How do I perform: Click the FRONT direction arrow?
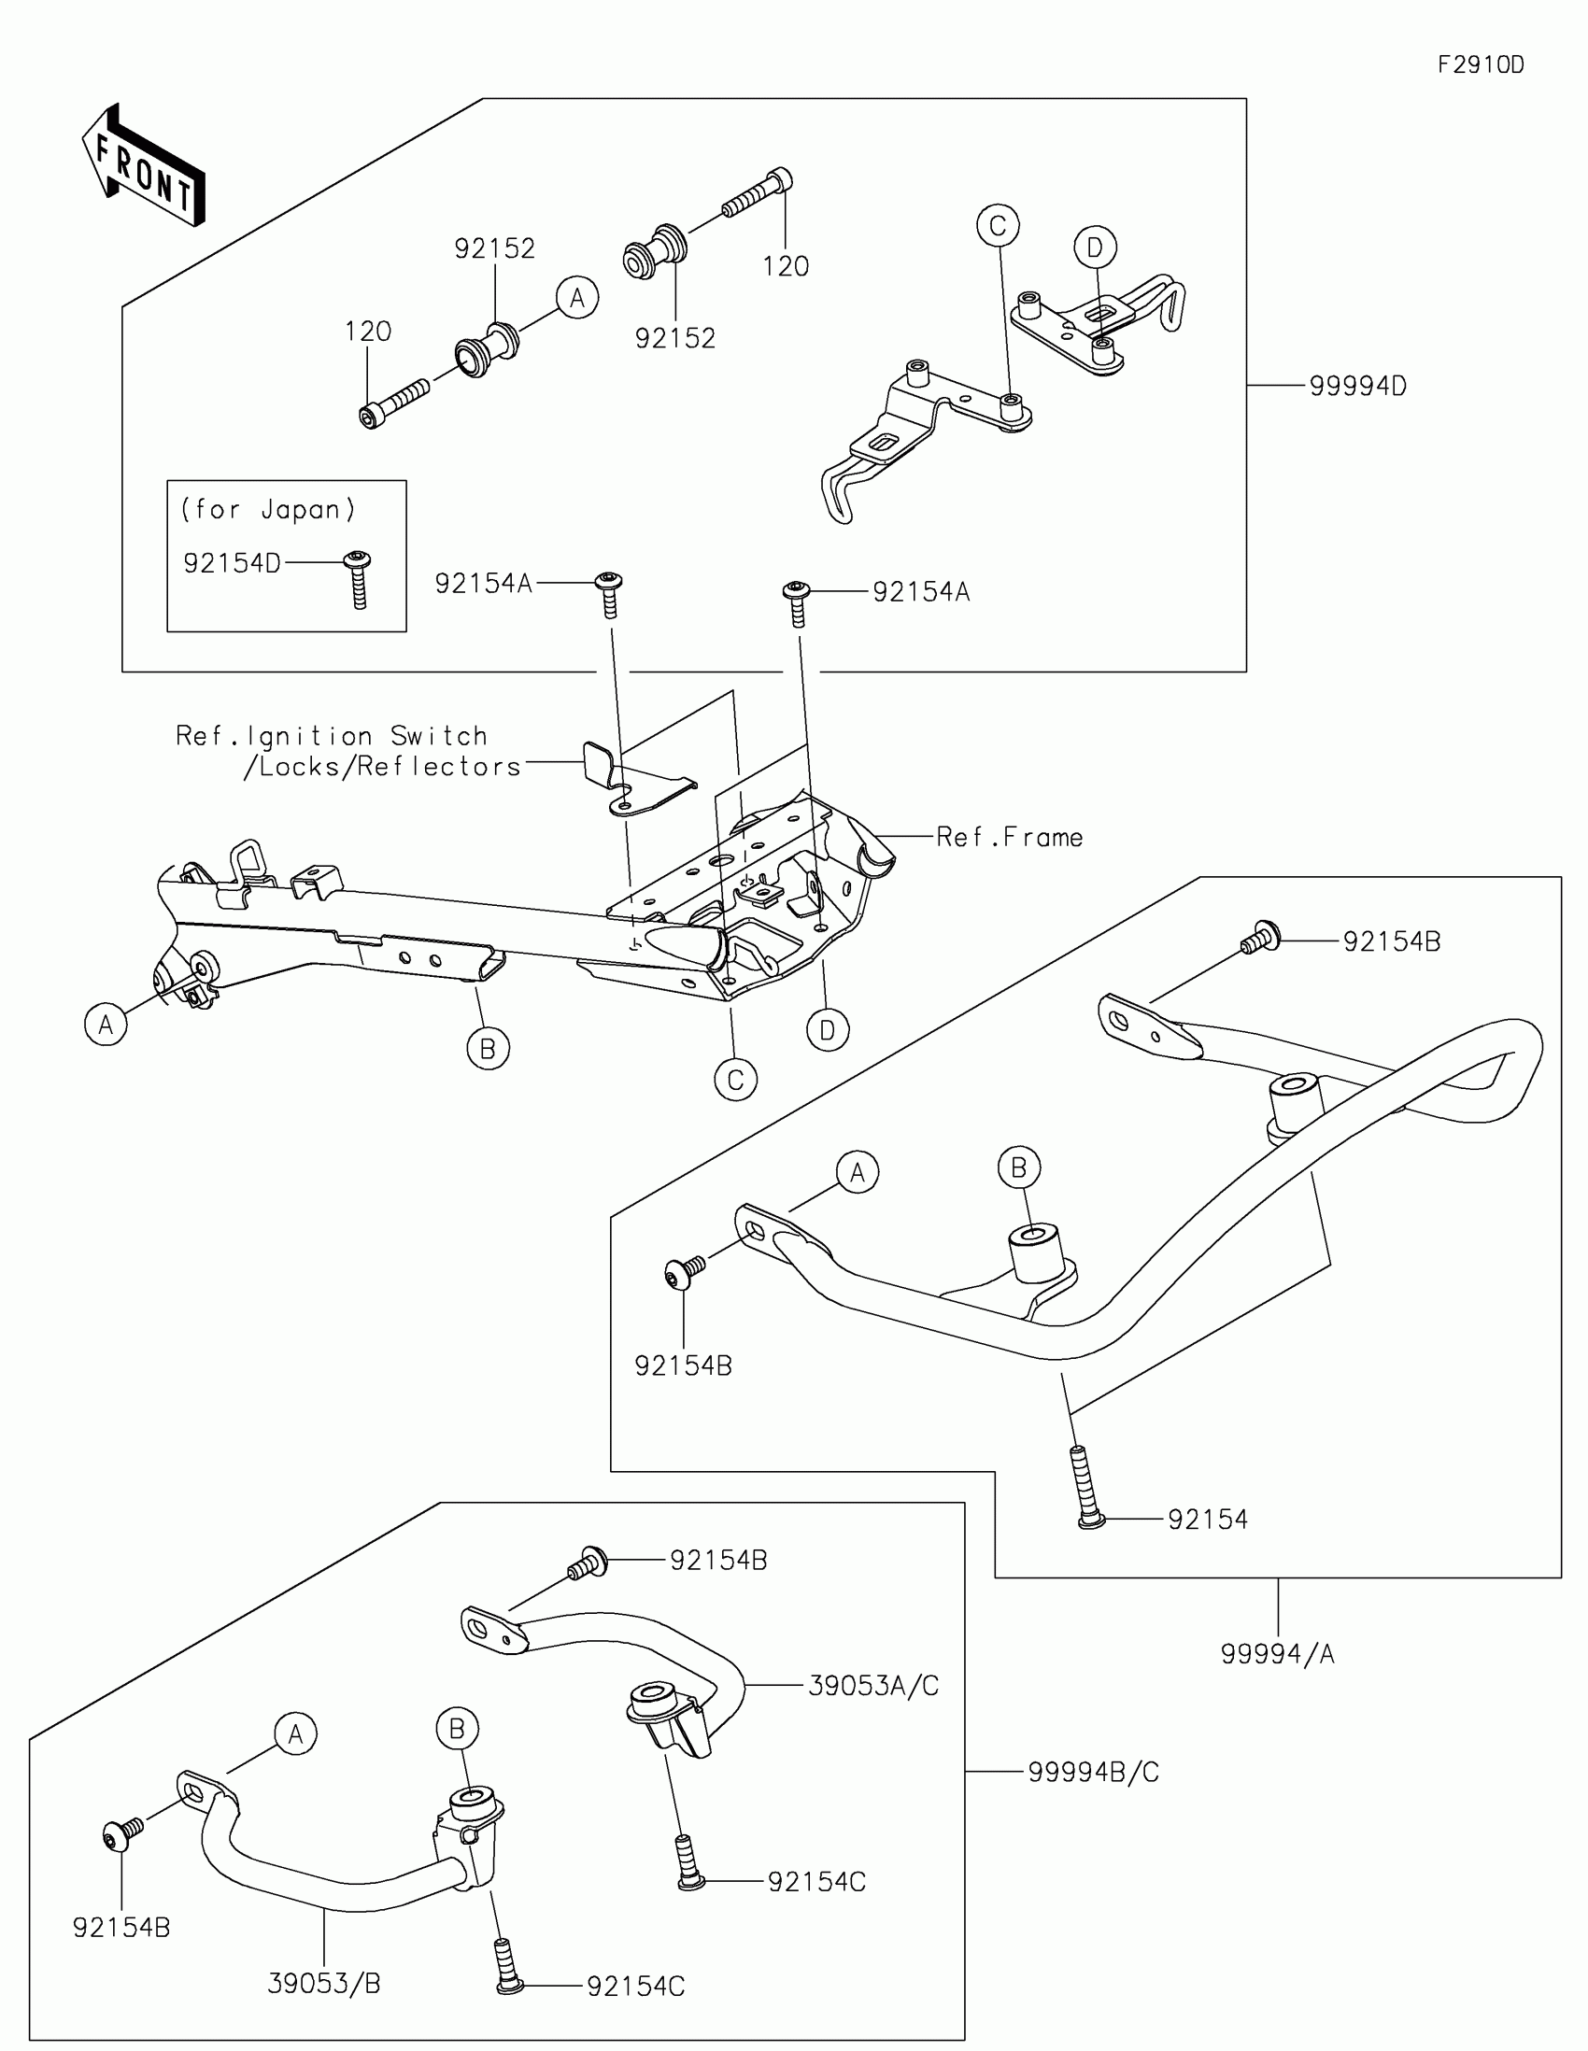pos(144,165)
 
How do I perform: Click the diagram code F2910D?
pos(1480,64)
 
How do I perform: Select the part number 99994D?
pos(1357,386)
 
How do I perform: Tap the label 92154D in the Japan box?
pos(232,562)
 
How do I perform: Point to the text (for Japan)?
pos(269,509)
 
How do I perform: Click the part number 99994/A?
pos(1277,1654)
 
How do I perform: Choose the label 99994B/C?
pos(1093,1772)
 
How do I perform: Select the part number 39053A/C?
pos(872,1686)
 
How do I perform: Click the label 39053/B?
pos(324,1984)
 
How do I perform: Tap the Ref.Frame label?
pos(1010,837)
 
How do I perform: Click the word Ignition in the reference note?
pos(309,736)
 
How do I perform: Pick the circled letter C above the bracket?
pos(998,225)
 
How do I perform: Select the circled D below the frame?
pos(828,1030)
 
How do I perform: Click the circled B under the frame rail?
pos(488,1048)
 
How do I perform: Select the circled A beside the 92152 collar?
pos(576,298)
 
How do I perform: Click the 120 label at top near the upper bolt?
pos(785,267)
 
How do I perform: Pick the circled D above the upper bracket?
pos(1095,248)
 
